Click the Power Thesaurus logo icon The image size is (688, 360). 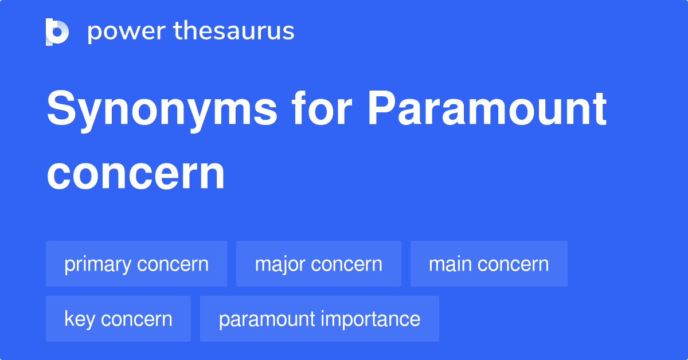(x=57, y=32)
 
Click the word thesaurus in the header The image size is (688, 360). (x=234, y=32)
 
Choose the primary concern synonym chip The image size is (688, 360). (x=136, y=264)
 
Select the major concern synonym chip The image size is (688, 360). (x=319, y=264)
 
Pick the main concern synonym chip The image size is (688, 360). (x=489, y=264)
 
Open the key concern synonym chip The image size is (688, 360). (x=118, y=319)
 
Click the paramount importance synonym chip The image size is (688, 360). (x=319, y=319)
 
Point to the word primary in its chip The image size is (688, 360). (x=98, y=264)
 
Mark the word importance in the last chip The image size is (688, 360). (x=372, y=319)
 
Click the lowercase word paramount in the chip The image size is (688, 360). (x=266, y=319)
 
